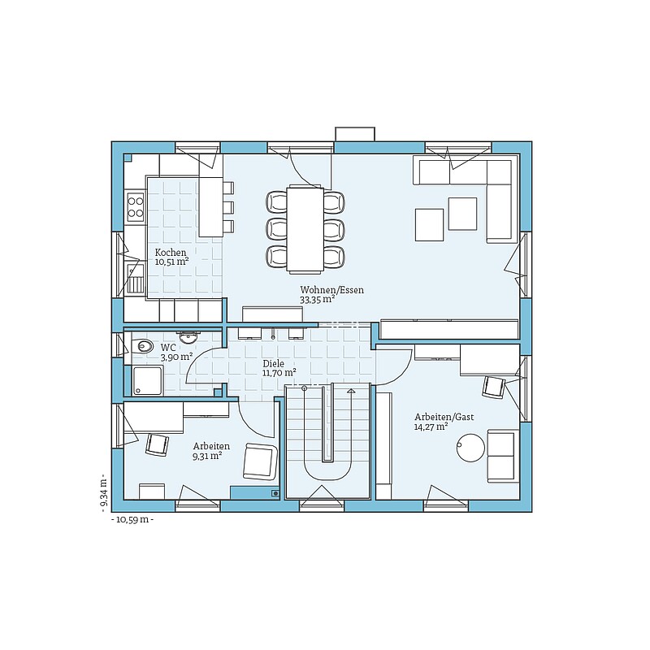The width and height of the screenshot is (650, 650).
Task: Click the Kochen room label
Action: tap(171, 253)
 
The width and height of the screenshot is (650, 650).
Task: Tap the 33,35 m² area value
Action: tap(318, 299)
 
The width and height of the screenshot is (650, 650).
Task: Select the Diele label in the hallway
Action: tap(274, 363)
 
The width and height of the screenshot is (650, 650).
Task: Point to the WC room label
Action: tap(168, 347)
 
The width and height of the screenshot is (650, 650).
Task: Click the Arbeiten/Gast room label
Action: tap(444, 417)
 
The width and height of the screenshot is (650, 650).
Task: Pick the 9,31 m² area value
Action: tap(207, 456)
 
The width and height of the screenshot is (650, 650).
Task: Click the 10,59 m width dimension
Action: tap(132, 520)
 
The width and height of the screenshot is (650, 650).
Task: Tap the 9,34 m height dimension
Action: tap(104, 492)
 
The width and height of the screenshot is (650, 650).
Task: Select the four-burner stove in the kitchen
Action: tap(136, 207)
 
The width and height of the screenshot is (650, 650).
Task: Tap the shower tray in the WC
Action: tap(147, 380)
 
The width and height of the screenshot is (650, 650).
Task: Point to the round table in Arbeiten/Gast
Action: tap(470, 448)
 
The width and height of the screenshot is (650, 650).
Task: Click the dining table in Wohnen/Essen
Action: tap(305, 229)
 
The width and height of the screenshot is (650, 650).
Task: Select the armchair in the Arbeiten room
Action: tap(260, 461)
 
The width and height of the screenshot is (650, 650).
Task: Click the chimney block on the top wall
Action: tap(355, 134)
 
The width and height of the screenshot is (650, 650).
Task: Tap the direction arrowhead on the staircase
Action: tap(351, 391)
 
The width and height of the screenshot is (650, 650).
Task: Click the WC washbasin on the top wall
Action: tap(189, 337)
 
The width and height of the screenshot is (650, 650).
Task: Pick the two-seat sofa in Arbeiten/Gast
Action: tap(503, 456)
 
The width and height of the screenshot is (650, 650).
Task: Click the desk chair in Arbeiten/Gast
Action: tap(494, 387)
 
